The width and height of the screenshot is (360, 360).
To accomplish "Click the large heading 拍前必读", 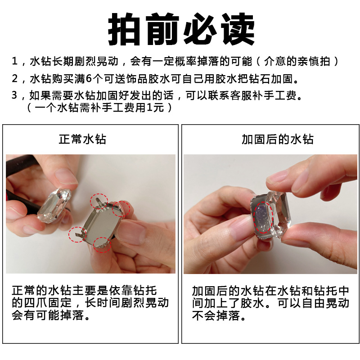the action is (181, 29).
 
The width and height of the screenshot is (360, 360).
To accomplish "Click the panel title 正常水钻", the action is (82, 139).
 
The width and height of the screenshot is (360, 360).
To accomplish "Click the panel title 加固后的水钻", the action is (278, 139).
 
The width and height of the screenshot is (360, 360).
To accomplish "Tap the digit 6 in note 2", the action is (89, 79).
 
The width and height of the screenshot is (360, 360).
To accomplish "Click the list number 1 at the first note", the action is (15, 61).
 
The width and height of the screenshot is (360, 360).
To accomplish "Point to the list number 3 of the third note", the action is (15, 95).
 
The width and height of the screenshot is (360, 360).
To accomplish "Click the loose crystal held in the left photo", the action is (54, 206).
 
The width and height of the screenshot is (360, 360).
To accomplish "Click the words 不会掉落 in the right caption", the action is (216, 315).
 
